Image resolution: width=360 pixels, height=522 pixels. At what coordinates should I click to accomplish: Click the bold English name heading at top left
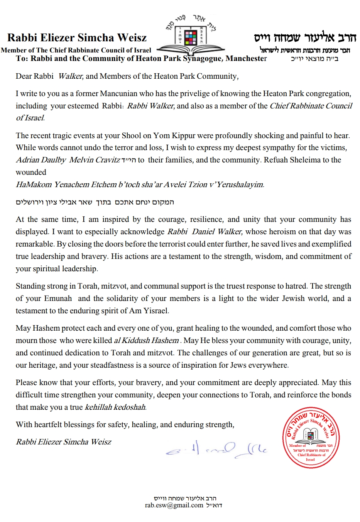[x=77, y=38]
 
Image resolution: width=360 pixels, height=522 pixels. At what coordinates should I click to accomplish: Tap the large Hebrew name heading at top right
[x=305, y=38]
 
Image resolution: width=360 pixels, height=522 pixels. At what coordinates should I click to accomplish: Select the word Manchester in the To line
[x=246, y=59]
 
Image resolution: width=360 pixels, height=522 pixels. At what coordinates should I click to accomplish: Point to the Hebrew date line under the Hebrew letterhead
[x=314, y=59]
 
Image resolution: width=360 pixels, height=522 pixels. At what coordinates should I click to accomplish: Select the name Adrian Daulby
[x=41, y=160]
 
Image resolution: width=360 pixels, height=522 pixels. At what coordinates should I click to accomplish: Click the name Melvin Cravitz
[x=95, y=160]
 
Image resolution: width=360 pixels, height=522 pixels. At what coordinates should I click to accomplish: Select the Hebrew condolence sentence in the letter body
[x=95, y=202]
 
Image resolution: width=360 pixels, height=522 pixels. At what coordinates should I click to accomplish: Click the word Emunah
[x=58, y=299]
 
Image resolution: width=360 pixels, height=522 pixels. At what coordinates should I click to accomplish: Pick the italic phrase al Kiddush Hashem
[x=146, y=341]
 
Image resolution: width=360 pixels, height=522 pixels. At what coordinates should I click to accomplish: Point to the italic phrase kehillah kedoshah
[x=115, y=407]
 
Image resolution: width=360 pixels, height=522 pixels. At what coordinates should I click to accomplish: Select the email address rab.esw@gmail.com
[x=174, y=505]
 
